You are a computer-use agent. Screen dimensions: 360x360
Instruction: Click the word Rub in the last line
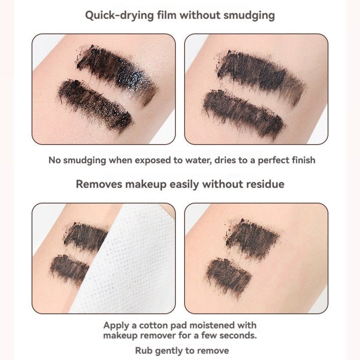(x=143, y=351)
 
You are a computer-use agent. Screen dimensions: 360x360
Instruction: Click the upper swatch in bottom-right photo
(x=251, y=238)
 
